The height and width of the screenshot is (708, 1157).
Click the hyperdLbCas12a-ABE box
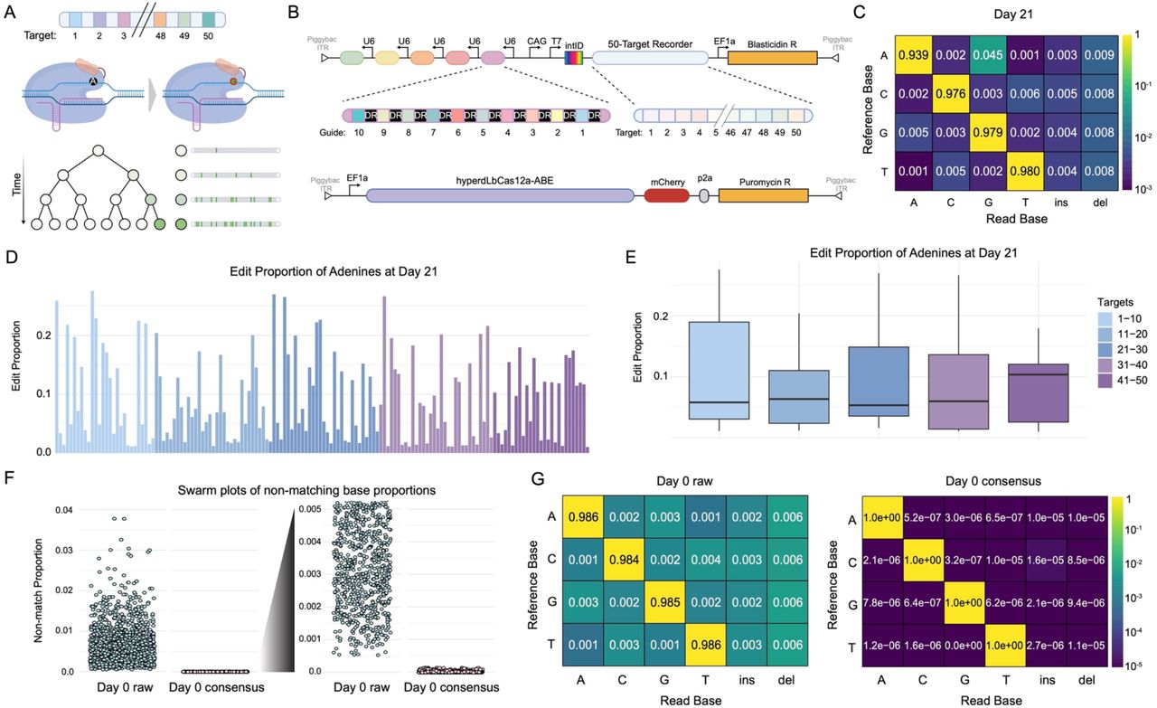pyautogui.click(x=500, y=194)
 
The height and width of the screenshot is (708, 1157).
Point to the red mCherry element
pyautogui.click(x=667, y=194)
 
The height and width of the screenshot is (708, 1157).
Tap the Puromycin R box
pyautogui.click(x=763, y=194)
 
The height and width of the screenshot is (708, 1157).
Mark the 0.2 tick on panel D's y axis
pyautogui.click(x=41, y=335)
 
